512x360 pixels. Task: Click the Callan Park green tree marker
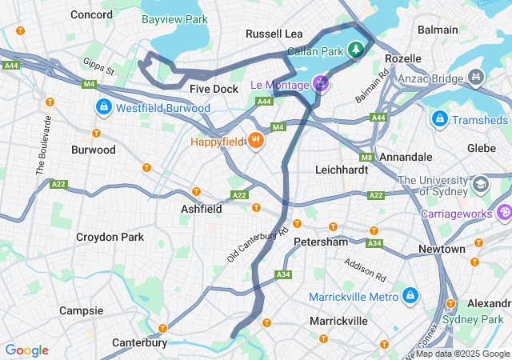click(x=354, y=50)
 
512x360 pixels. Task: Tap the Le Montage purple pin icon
click(x=321, y=83)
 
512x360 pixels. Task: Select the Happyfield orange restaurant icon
click(x=255, y=142)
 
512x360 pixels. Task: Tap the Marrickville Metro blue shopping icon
click(x=410, y=297)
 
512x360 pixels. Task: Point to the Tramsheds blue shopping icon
click(x=439, y=119)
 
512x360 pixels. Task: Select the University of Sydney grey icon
click(x=481, y=185)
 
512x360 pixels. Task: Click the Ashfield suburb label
click(x=201, y=208)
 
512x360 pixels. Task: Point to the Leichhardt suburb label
click(x=342, y=170)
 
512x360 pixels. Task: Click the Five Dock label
click(x=214, y=89)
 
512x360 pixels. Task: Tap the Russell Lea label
click(x=274, y=34)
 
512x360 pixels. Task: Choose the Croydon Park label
click(x=110, y=237)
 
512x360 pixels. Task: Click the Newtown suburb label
click(x=442, y=249)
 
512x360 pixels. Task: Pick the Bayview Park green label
click(x=174, y=18)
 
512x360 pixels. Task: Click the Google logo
click(x=26, y=350)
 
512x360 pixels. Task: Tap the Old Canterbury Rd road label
click(x=258, y=244)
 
